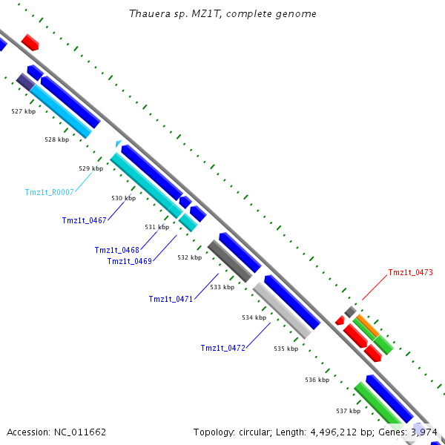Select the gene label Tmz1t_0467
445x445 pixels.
[x=85, y=220]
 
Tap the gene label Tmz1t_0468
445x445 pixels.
[x=117, y=250]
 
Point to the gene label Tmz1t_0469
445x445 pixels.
[x=130, y=261]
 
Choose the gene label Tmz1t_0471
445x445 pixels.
[x=171, y=300]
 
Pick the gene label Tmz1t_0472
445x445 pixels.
[x=222, y=348]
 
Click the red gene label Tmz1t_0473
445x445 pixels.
[x=410, y=273]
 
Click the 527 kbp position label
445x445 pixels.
[x=23, y=111]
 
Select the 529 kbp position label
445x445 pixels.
[x=91, y=168]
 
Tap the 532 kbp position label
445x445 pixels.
[x=189, y=257]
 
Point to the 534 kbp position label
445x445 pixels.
[x=254, y=317]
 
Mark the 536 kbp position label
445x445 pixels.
[x=317, y=380]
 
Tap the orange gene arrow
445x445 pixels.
[x=366, y=324]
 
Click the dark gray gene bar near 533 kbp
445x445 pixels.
[x=230, y=261]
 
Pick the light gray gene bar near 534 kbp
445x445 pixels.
[x=281, y=309]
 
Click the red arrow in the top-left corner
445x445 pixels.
[x=30, y=42]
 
